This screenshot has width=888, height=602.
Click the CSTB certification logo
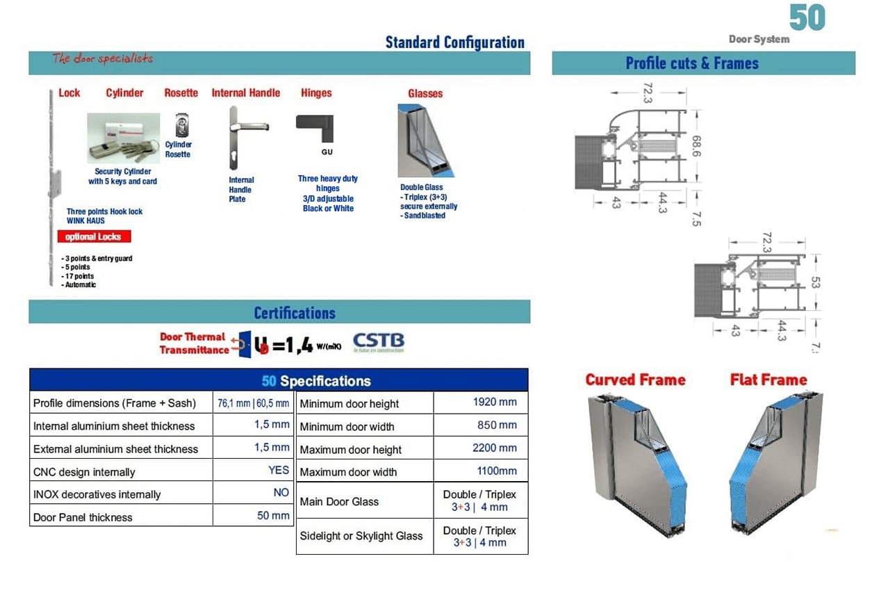click(378, 343)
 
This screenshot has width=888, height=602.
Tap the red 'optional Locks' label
click(93, 237)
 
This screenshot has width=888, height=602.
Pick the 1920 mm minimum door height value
click(494, 402)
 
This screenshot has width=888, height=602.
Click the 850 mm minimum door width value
click(497, 425)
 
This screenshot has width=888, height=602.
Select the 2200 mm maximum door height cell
click(494, 448)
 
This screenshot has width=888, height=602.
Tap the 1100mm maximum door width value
click(497, 471)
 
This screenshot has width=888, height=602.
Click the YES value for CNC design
click(279, 471)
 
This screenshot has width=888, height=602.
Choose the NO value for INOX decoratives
click(281, 493)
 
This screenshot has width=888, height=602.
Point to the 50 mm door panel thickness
click(273, 516)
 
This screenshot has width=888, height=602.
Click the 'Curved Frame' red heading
click(635, 380)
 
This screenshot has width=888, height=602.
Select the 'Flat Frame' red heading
click(768, 380)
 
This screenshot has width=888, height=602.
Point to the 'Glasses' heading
click(425, 94)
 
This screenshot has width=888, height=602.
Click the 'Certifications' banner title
click(295, 313)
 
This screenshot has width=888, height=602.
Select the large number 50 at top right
click(807, 17)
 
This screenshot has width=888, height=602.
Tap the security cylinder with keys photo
click(124, 138)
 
